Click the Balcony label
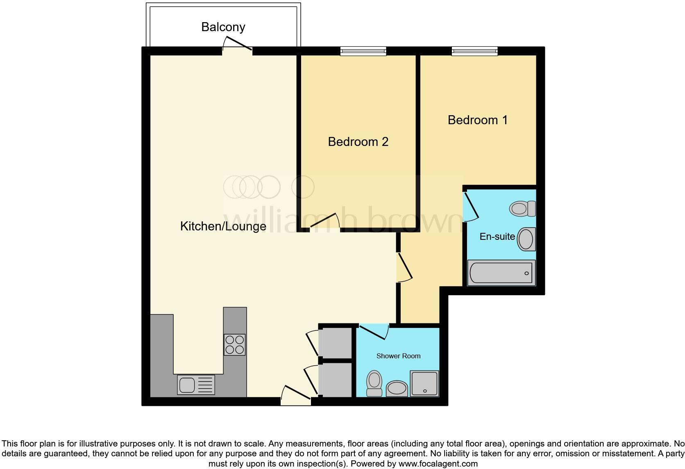pos(223,27)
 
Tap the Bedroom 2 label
pos(358,142)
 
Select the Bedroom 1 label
pos(478,120)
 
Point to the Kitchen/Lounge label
pos(223,226)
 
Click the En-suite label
pos(497,237)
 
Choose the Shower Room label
pos(398,356)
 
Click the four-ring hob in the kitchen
pos(235,344)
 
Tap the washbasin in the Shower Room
pos(397,388)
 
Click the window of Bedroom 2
pos(363,51)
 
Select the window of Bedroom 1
pos(474,51)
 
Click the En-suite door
pos(470,207)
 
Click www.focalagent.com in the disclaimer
pos(438,464)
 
